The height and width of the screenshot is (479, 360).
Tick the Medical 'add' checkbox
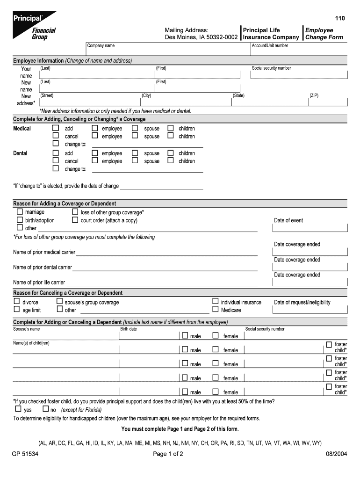[x=56, y=128]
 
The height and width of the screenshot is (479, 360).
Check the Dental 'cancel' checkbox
[x=56, y=160]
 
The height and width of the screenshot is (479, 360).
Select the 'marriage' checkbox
[x=20, y=212]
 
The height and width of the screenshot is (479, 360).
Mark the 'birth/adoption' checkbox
[x=20, y=220]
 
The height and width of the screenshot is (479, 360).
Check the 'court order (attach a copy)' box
[x=75, y=220]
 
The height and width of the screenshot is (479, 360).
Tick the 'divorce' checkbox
[x=17, y=302]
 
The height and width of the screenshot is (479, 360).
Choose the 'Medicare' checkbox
[x=216, y=309]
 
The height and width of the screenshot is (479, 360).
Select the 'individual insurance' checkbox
[x=216, y=302]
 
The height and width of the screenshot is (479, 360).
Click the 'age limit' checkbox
[x=17, y=309]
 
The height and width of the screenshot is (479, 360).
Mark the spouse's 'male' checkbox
[x=185, y=335]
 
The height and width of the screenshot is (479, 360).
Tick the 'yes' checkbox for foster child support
[x=18, y=409]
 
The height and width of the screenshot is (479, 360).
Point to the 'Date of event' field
[x=310, y=228]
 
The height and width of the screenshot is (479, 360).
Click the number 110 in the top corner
[x=339, y=18]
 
